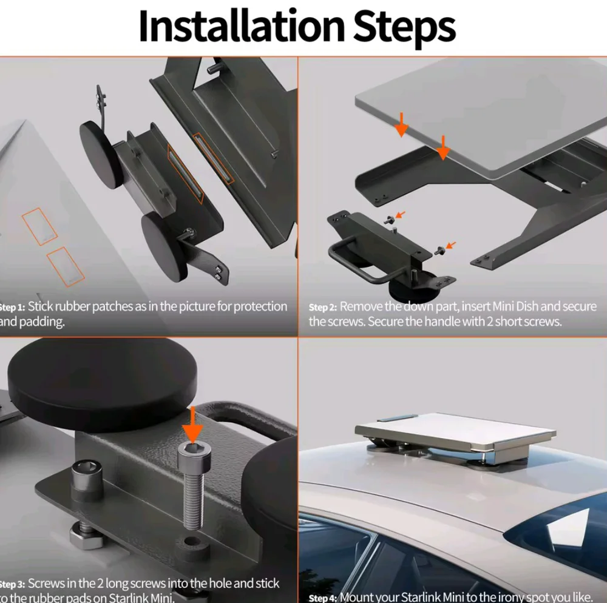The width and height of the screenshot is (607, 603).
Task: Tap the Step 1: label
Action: (12, 307)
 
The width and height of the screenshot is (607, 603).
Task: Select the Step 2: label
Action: (322, 307)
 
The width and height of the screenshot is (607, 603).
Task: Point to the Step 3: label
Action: (12, 584)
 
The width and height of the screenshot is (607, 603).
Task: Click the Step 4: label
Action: (322, 598)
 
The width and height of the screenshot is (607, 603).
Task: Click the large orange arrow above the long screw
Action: (193, 426)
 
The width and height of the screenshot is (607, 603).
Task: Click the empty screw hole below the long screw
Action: (191, 541)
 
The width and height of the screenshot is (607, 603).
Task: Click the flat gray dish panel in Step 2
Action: (480, 115)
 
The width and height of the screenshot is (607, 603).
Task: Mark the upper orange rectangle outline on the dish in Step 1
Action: (39, 226)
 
